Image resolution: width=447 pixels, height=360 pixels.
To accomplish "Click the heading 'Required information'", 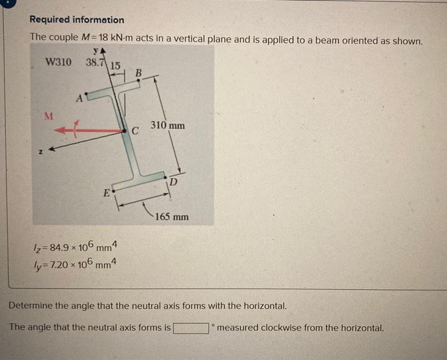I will [77, 20].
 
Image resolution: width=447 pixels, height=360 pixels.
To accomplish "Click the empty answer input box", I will [192, 329].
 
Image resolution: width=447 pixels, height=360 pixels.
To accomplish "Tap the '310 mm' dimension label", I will [168, 126].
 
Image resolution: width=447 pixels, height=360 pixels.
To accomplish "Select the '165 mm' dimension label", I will [171, 217].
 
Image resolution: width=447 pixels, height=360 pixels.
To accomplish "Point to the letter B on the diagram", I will [139, 71].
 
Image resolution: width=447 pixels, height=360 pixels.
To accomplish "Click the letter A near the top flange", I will [79, 98].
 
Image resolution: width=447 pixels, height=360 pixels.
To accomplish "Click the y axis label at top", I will [96, 50].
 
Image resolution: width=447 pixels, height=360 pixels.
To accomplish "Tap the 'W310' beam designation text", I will [59, 62].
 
